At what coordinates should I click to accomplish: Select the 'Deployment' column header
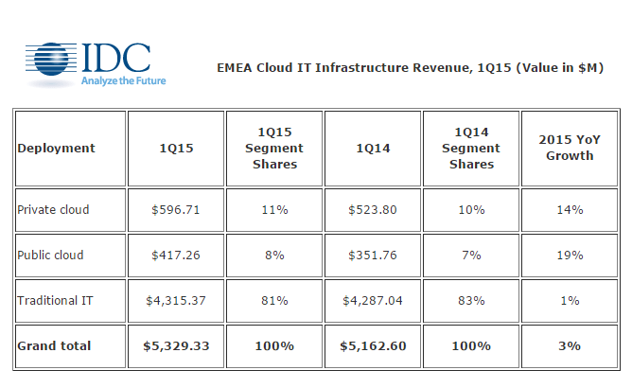56,149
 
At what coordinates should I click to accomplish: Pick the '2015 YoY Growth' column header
569,149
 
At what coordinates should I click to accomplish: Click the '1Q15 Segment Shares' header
274,149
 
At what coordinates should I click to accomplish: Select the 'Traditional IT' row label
55,300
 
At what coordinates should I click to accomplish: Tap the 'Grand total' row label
54,345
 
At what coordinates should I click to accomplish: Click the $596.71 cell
175,209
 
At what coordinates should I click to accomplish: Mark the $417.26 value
175,255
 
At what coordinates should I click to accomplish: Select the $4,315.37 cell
175,300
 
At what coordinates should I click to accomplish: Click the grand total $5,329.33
175,345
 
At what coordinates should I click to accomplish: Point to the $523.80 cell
373,209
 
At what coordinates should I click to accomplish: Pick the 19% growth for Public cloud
569,255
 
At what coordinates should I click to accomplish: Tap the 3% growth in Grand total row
569,345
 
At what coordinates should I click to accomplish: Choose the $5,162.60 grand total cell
373,345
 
